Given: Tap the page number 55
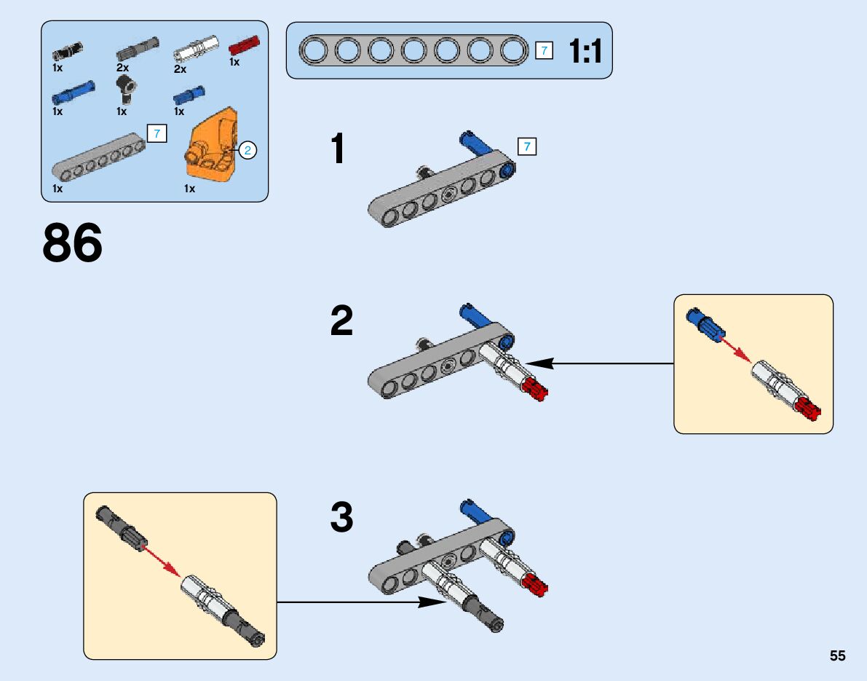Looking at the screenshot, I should [837, 656].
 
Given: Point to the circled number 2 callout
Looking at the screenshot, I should [248, 151].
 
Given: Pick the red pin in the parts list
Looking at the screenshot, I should [244, 46].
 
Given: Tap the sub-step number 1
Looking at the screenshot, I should [338, 149].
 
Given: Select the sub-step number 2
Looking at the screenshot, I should [341, 321].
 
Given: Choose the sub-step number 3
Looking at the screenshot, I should [341, 519].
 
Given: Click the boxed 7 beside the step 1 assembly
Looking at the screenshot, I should [527, 146].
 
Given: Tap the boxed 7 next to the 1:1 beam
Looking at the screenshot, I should [544, 50].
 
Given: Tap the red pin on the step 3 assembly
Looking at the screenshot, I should [537, 583].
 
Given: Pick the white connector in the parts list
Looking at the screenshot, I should [197, 51].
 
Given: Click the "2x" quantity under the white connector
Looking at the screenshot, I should [180, 69].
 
